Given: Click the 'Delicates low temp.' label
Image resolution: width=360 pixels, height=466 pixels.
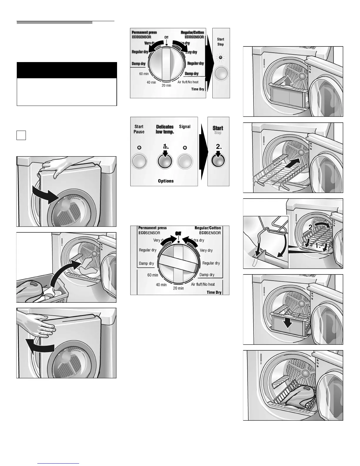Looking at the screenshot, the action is pyautogui.click(x=165, y=129).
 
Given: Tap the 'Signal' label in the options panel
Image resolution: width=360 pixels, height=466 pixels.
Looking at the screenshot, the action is pyautogui.click(x=185, y=127).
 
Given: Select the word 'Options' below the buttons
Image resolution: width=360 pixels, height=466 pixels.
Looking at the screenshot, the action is pyautogui.click(x=166, y=181).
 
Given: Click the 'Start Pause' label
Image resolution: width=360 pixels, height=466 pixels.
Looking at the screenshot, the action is pyautogui.click(x=139, y=129).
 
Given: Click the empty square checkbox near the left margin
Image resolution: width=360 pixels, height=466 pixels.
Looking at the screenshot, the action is pyautogui.click(x=21, y=135).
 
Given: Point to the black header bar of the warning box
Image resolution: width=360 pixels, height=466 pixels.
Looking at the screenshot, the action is pyautogui.click(x=67, y=70).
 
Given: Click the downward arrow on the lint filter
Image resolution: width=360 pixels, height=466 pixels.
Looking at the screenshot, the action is pyautogui.click(x=288, y=323).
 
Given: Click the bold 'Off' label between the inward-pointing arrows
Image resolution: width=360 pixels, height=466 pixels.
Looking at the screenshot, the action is pyautogui.click(x=178, y=233).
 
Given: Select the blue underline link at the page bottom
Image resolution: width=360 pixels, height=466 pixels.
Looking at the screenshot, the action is pyautogui.click(x=59, y=463).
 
